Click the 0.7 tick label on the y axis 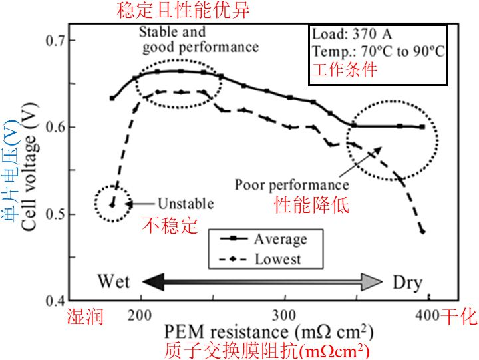tap(55, 41)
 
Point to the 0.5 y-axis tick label tap(55, 214)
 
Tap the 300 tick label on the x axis tap(284, 315)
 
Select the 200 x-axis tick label tap(140, 315)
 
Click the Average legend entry tap(263, 239)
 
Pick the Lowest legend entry tap(260, 259)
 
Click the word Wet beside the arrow tap(114, 281)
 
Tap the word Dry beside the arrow tap(407, 283)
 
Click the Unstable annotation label tap(186, 204)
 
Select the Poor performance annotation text tap(292, 185)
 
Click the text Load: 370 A tap(352, 34)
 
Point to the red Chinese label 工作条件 tap(345, 69)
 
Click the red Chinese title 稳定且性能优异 tap(183, 10)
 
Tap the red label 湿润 tap(85, 316)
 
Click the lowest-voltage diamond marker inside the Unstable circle tap(112, 205)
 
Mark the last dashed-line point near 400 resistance tap(423, 232)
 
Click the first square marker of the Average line tap(112, 98)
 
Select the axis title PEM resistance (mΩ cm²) tap(269, 332)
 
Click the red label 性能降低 tap(311, 204)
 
